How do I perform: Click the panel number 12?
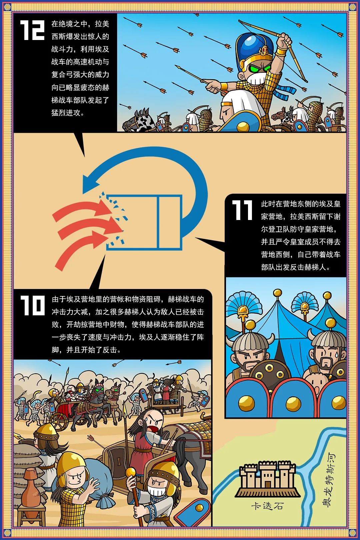pos(32,30)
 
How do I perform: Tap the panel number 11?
pos(242,210)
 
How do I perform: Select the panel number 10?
pos(33,305)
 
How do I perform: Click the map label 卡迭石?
pos(267,506)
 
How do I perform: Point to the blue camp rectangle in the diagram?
pos(144,222)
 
